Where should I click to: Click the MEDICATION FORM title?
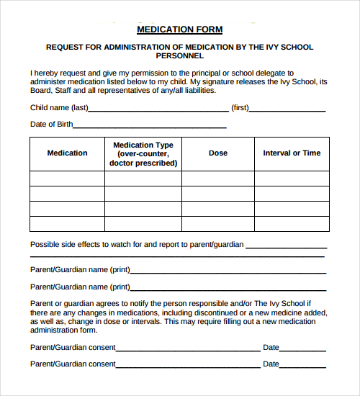tap(179, 30)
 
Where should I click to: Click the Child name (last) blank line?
tap(158, 110)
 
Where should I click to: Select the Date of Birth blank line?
tap(150, 127)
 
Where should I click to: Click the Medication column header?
tap(67, 153)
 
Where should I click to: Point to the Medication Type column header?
tap(143, 154)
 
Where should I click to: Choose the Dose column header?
tap(218, 153)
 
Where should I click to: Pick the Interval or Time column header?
tap(292, 153)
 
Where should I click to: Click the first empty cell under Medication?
tap(67, 178)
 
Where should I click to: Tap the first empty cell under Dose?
tap(218, 178)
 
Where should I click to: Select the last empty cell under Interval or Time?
tap(292, 223)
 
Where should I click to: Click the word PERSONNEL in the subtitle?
tap(180, 56)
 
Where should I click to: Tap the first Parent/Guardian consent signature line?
tap(189, 349)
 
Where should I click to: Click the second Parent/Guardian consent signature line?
tap(189, 366)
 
